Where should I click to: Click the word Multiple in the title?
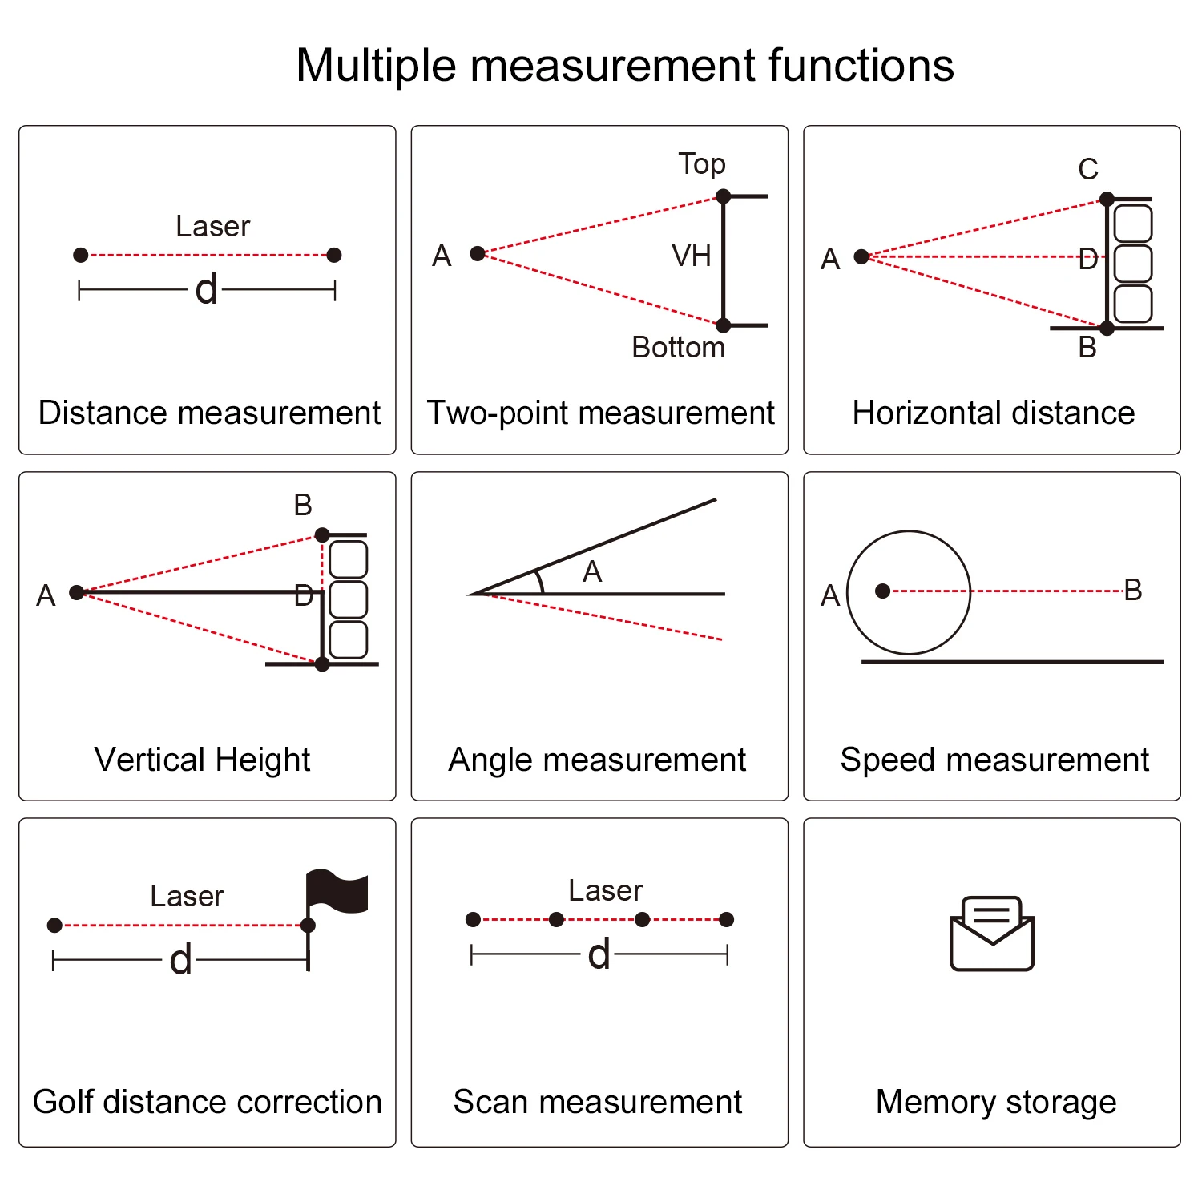coord(376,66)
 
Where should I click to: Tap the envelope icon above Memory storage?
coord(992,934)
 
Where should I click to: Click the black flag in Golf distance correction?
coord(337,891)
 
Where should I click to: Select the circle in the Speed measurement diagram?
coord(909,592)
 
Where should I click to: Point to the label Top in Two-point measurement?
coord(702,164)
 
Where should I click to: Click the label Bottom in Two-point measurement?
coord(678,347)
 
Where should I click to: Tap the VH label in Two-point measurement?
coord(692,256)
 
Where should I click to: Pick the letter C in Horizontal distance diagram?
coord(1088,169)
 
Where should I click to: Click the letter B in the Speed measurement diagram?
coord(1133,590)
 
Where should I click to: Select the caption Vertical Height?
coord(202,760)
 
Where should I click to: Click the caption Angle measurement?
coord(597,760)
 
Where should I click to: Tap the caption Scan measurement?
coord(598,1102)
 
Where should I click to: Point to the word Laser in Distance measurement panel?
coord(213,227)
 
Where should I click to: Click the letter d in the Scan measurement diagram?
coord(599,954)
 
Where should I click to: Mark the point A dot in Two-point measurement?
coord(478,254)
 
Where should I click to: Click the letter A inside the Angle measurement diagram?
coord(592,571)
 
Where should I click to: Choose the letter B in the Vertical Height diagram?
coord(303,505)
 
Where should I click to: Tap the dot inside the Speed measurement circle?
coord(883,591)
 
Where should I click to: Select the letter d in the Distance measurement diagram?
coord(207,289)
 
